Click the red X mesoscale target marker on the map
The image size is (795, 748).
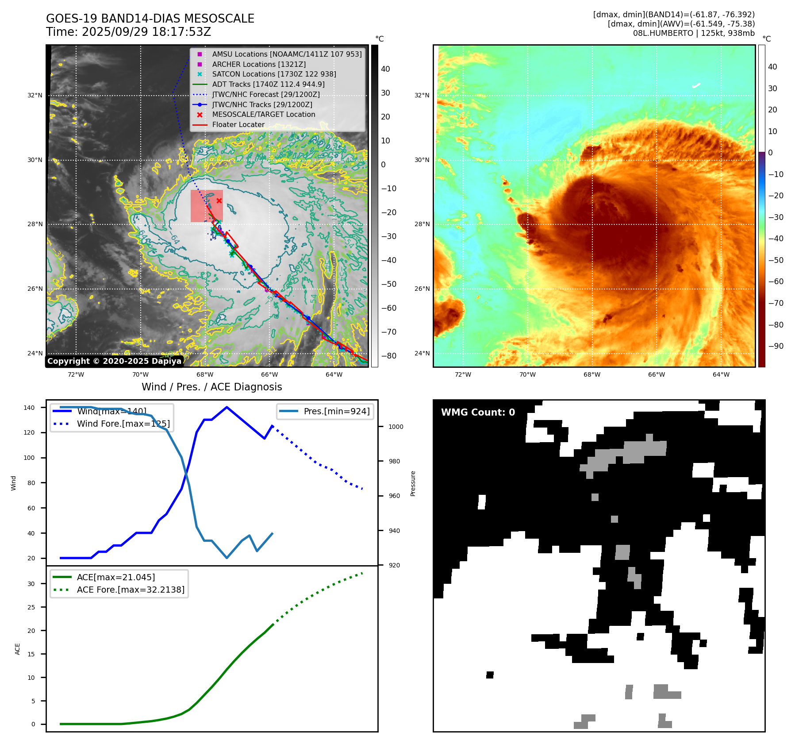219,200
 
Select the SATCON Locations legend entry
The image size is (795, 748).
274,74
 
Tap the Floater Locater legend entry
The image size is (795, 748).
238,125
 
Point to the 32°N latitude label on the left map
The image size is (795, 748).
35,95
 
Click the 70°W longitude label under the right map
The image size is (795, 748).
527,374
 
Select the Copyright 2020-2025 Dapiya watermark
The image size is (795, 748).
114,361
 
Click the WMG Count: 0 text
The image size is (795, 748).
478,413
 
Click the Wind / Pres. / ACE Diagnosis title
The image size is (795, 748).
211,387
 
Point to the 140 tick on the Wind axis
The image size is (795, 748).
29,408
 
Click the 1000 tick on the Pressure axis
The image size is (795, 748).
396,427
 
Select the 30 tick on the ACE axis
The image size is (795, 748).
31,584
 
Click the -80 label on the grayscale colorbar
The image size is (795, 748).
389,356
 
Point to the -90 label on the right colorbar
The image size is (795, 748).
776,346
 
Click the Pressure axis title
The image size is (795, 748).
413,483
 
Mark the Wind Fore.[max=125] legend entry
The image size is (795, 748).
123,424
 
